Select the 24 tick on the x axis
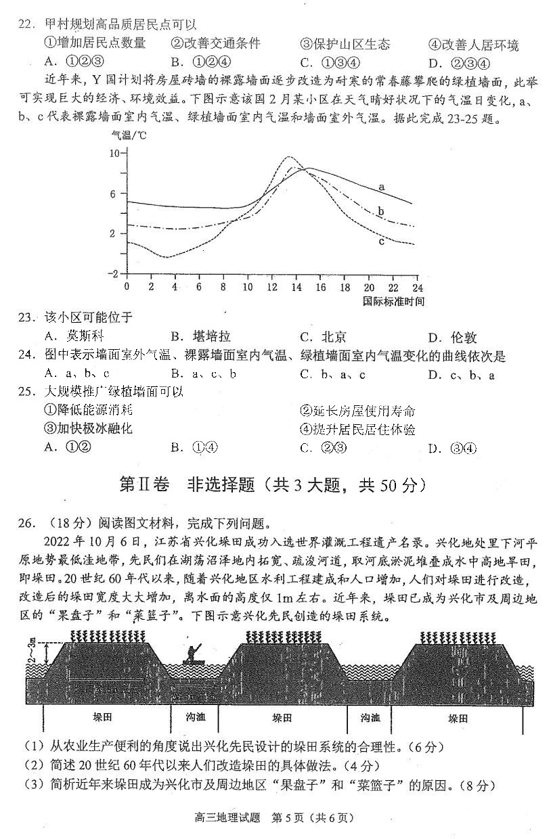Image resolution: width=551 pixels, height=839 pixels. point(416,286)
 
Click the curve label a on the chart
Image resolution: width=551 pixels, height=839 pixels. point(382,186)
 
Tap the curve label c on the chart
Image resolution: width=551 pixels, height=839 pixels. point(382,240)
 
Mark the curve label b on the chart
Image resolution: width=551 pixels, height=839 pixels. point(381,212)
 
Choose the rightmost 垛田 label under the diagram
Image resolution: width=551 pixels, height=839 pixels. point(457,718)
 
